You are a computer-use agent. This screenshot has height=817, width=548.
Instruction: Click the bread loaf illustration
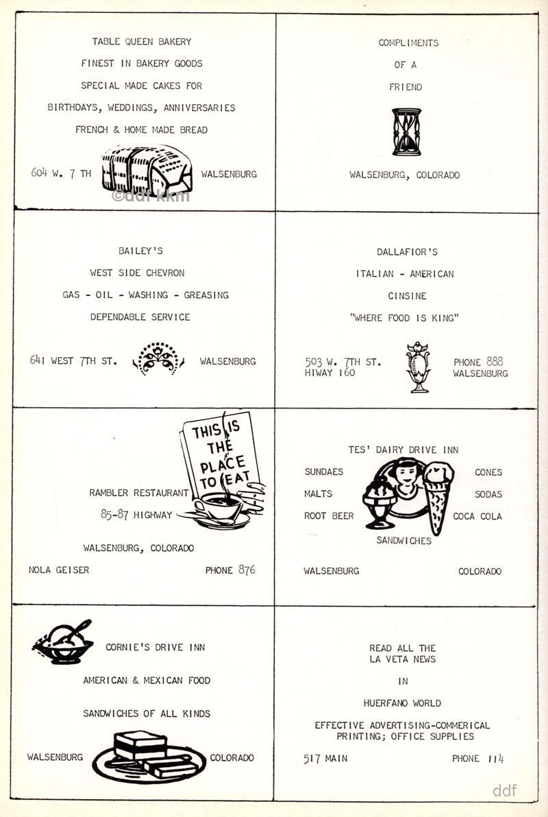(147, 170)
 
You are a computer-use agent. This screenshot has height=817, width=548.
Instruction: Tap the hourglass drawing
(406, 132)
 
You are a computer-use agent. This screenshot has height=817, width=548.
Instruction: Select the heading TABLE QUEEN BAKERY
(142, 42)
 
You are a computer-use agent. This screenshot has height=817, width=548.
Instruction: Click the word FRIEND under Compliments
(406, 87)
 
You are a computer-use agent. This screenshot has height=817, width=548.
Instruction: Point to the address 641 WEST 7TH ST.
(73, 360)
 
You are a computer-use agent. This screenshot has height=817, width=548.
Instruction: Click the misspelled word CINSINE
(407, 296)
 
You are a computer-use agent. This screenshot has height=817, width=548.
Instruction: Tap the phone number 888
(495, 361)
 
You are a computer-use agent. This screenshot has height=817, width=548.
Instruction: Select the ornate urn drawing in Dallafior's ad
(418, 367)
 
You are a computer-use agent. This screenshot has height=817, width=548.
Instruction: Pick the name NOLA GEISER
(59, 570)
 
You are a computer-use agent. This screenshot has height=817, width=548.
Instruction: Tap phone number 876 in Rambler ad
(247, 570)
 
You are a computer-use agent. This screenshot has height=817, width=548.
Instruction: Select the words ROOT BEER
(329, 516)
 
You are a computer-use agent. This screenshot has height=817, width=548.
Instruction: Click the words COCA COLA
(477, 516)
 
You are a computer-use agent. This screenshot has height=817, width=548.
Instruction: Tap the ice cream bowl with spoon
(62, 642)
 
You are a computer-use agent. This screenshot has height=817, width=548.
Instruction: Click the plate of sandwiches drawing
(149, 757)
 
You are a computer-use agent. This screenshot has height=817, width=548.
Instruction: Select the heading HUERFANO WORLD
(402, 703)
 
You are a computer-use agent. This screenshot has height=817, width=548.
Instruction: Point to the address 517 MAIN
(325, 759)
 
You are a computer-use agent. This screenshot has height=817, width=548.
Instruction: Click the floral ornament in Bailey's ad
(158, 358)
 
